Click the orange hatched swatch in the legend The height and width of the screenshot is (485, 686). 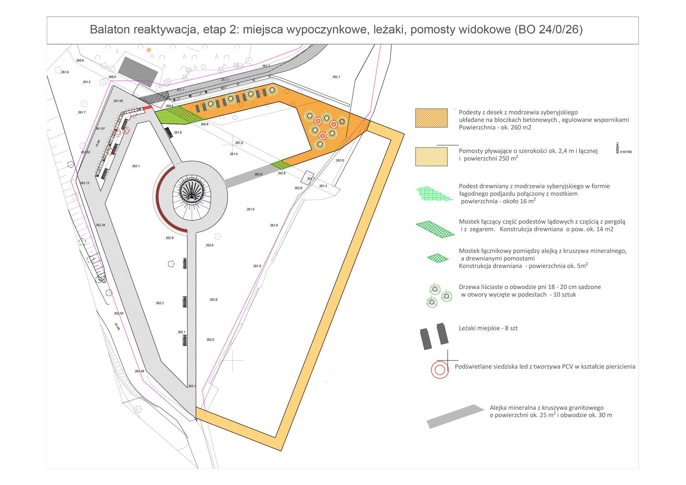[x=431, y=118]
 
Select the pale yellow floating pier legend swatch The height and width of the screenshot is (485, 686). [x=431, y=156]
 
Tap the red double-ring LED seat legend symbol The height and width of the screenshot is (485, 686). [x=439, y=370]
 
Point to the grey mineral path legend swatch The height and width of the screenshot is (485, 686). [x=455, y=416]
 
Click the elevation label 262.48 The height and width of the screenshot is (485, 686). [x=139, y=371]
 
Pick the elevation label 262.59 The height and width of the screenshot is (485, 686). [x=119, y=313]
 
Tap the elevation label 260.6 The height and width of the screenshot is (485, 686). [x=80, y=61]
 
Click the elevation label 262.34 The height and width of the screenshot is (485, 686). [x=100, y=225]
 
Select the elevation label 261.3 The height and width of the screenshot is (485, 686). [x=323, y=186]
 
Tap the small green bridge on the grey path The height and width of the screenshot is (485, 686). [x=281, y=165]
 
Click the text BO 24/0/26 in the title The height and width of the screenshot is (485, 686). [x=548, y=30]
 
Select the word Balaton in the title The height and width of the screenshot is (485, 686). [x=110, y=30]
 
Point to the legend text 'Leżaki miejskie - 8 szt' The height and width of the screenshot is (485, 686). [x=488, y=328]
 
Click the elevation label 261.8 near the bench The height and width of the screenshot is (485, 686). [x=178, y=133]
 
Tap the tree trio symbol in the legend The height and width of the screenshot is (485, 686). [x=438, y=295]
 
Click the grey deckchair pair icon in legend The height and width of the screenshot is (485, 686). [x=434, y=336]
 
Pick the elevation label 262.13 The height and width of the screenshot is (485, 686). [x=84, y=183]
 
